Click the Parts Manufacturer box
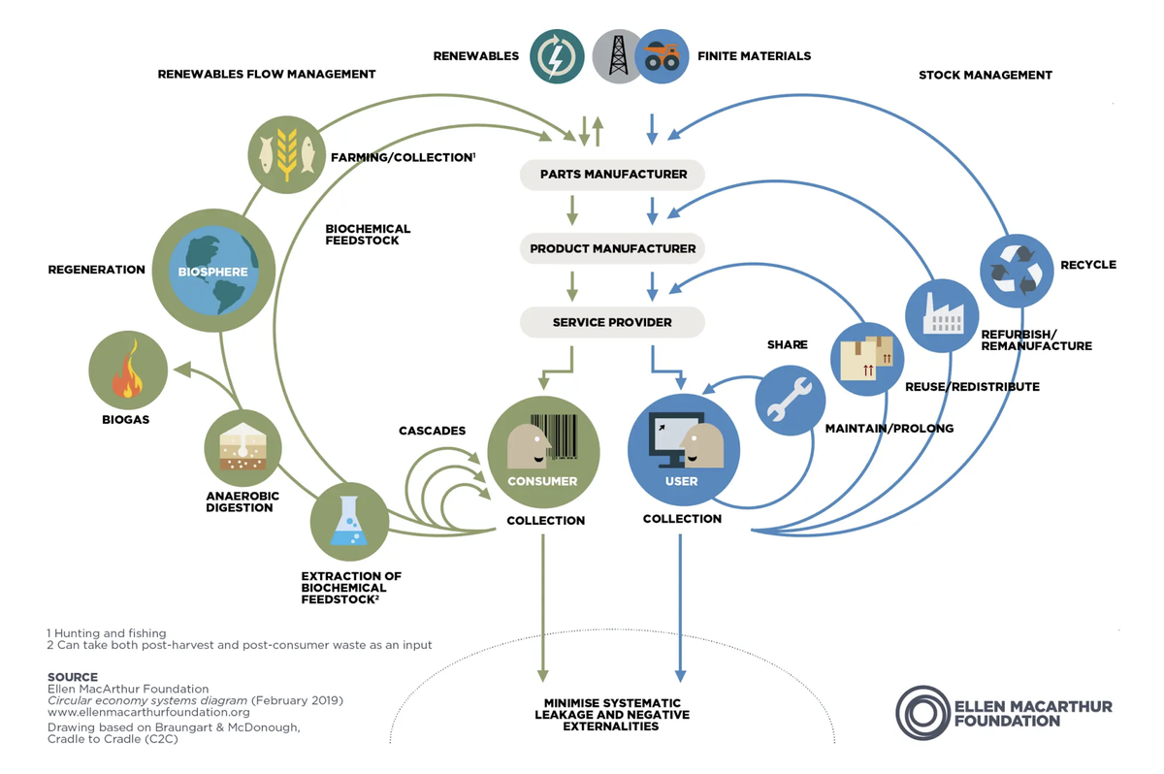click(613, 175)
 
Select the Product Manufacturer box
click(613, 248)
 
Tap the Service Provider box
click(613, 323)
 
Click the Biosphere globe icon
click(212, 271)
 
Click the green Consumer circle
click(542, 451)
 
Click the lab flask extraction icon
click(349, 522)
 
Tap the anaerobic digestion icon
click(242, 448)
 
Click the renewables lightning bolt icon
click(557, 56)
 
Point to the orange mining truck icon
click(663, 56)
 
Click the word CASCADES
click(432, 430)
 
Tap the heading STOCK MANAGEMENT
click(985, 75)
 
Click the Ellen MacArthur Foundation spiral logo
click(921, 712)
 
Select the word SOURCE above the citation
click(73, 677)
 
